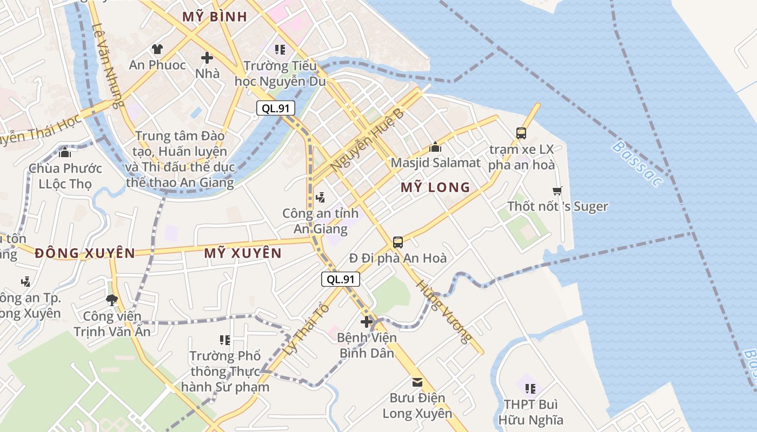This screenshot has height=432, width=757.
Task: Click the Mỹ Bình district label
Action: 215,16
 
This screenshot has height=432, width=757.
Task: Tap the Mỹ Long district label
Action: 435,187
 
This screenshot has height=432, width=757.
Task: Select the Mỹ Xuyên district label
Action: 243,253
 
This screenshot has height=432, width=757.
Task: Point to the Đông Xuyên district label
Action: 85,253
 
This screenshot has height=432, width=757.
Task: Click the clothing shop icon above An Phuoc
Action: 157,49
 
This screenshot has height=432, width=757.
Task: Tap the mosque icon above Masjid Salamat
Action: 435,147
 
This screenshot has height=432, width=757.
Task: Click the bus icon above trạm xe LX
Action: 521,133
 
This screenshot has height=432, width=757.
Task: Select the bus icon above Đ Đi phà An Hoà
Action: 398,242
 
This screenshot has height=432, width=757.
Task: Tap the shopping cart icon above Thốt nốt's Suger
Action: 557,191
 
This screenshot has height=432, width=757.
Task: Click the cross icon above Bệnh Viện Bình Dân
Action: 367,322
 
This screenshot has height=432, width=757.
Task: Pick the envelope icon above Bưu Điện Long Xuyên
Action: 417,382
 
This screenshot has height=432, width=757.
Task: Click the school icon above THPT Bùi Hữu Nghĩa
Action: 530,388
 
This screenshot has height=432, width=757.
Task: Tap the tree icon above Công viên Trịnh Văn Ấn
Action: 112,300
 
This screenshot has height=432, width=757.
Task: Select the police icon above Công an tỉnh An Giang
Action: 321,197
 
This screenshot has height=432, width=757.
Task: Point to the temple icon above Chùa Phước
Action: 65,152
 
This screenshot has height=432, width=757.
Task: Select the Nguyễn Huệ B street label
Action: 367,141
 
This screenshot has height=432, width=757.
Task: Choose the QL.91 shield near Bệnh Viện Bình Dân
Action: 341,279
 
